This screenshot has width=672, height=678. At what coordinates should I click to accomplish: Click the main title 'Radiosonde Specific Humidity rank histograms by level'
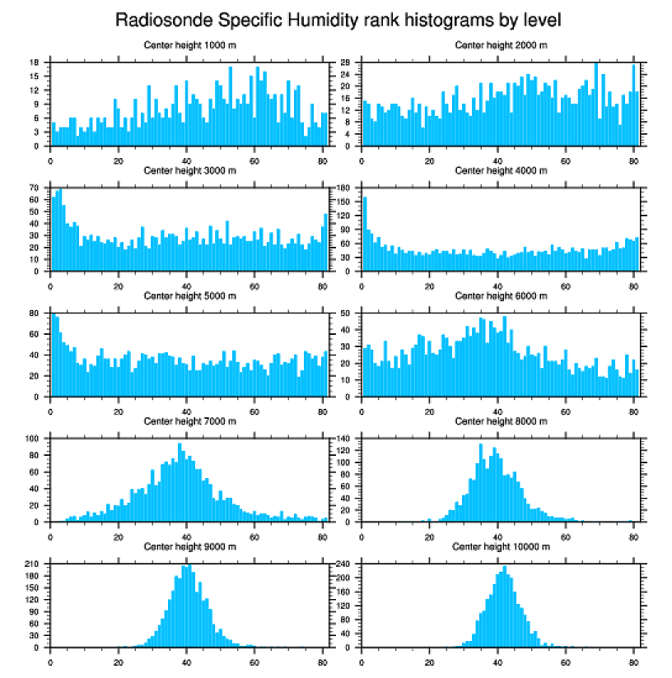pos(338,19)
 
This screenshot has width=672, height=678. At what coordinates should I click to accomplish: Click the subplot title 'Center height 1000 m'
pos(189,45)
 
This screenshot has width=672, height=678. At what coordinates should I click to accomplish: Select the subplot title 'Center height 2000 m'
pos(501,45)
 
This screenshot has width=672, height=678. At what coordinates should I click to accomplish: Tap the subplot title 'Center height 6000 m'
pos(501,296)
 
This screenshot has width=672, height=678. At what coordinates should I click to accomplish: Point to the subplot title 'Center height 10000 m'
pos(501,546)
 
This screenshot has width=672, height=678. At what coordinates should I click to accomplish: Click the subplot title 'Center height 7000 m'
pos(189,421)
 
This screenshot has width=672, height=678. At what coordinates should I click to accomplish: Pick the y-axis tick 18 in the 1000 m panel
pos(35,63)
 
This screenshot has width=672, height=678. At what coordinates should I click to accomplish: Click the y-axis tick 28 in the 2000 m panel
pos(347,63)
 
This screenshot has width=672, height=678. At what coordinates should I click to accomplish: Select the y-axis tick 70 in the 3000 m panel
pos(35,188)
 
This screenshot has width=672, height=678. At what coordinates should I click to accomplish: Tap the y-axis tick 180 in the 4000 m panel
pos(345,188)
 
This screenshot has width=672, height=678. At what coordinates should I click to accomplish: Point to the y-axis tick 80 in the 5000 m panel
pos(35,313)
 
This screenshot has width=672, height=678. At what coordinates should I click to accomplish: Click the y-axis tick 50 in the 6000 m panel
pos(347,313)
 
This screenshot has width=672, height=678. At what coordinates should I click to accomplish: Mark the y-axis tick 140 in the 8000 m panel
pos(345,439)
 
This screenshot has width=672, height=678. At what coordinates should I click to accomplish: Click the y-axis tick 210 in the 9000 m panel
pos(33,564)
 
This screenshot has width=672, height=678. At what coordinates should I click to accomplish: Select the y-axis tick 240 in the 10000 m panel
pos(345,564)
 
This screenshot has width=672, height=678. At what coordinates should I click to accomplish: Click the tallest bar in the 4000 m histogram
pos(365,235)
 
